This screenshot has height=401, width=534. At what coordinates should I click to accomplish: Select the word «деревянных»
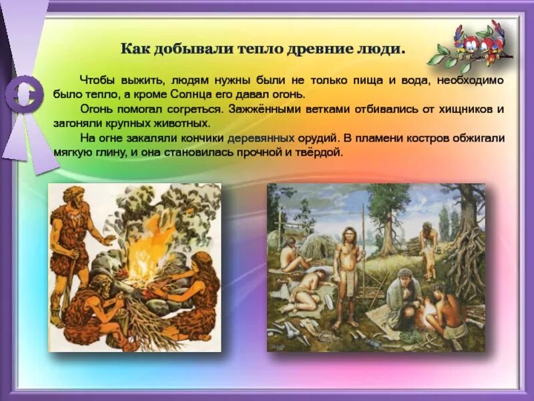261,138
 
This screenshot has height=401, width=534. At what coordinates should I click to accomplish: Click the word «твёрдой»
318,152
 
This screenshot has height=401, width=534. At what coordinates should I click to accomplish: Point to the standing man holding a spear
347,274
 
